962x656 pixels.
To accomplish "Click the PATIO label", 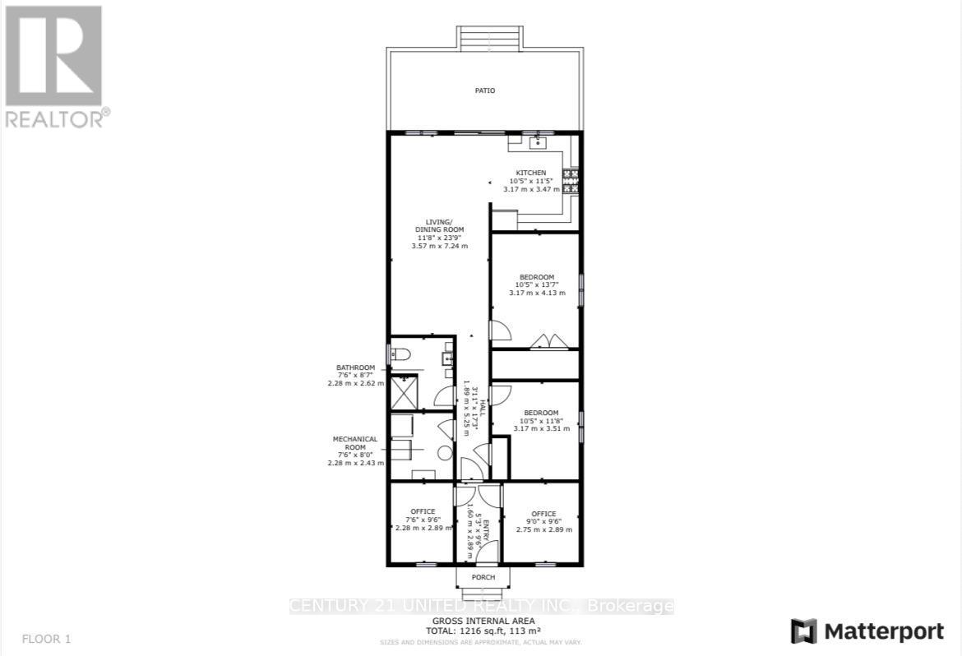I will (x=484, y=90).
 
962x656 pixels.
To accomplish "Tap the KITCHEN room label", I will (x=530, y=173).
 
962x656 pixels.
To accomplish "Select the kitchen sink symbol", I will (x=538, y=142).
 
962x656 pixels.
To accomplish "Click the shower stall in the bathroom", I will (x=403, y=392).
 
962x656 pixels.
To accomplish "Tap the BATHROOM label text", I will (x=355, y=367).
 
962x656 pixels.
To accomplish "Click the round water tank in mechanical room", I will (x=444, y=452).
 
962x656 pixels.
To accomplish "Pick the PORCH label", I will (x=483, y=577).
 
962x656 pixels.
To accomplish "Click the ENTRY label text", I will (x=485, y=529).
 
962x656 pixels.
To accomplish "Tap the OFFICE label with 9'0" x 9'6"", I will (x=543, y=514).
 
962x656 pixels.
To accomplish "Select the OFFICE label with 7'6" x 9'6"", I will (x=423, y=511).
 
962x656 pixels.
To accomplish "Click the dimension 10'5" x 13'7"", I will (x=536, y=285).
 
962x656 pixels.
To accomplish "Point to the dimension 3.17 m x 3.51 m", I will (x=536, y=428).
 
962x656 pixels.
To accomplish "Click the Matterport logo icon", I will (x=803, y=631).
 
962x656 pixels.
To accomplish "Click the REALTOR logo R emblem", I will (x=53, y=56).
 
